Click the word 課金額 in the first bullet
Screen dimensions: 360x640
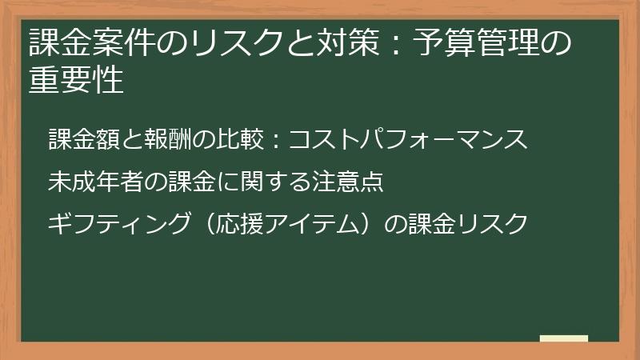tap(83, 139)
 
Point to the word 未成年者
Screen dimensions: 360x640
tap(96, 182)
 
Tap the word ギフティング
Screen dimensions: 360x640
tap(119, 225)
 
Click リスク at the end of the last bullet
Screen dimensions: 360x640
tap(493, 225)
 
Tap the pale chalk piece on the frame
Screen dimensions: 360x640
tap(564, 339)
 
